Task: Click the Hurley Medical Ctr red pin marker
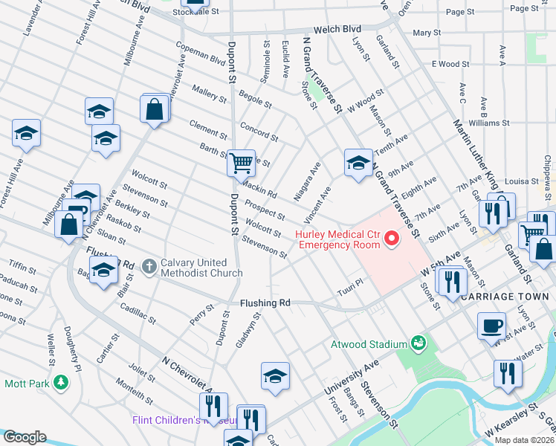point(392,238)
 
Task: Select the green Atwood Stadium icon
point(418,343)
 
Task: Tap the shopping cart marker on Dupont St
point(241,162)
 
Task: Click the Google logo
point(25,437)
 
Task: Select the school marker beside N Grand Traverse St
point(358,164)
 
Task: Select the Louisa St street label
point(520,181)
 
